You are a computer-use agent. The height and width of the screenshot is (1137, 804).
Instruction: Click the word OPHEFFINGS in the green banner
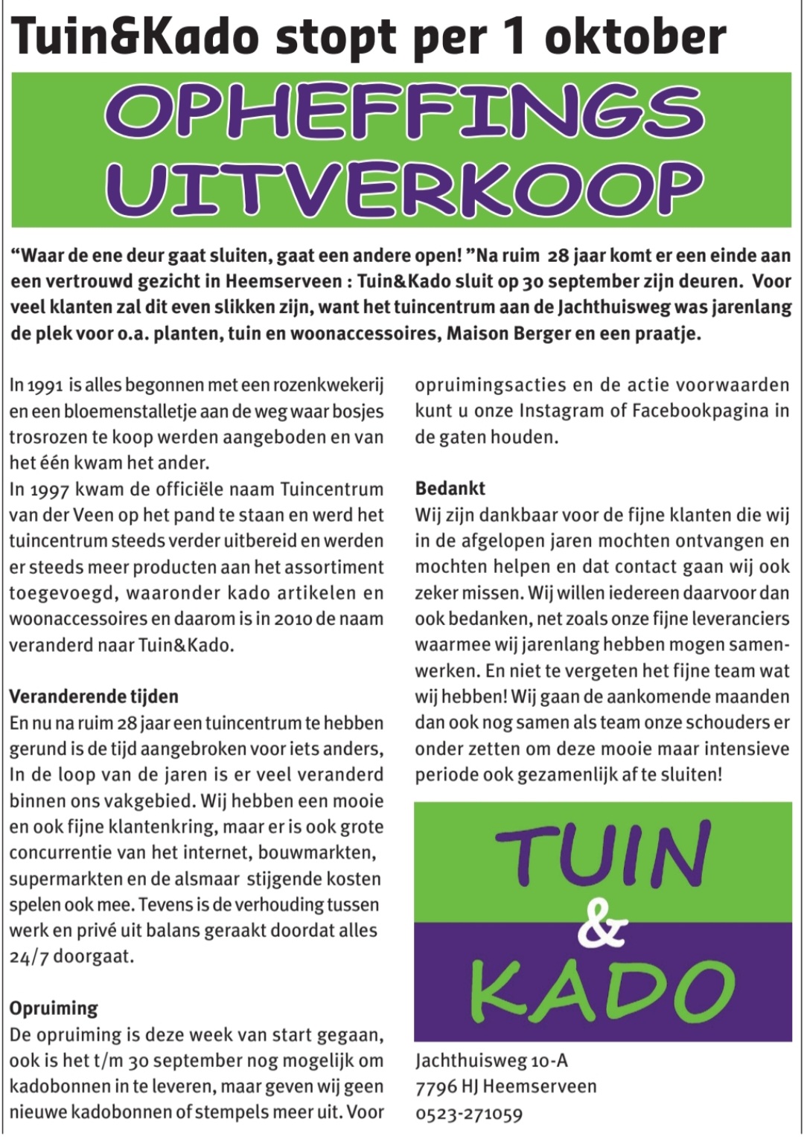click(404, 112)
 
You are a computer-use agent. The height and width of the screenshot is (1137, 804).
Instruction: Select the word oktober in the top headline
click(635, 36)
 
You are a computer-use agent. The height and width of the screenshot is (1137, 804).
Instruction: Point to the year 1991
click(45, 385)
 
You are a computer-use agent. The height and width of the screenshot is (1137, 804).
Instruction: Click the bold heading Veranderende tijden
click(94, 696)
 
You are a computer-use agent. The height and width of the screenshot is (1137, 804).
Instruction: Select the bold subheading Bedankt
click(450, 489)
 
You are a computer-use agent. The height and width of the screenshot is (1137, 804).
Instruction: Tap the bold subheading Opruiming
click(54, 1008)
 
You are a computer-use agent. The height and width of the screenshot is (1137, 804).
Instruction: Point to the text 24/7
click(28, 956)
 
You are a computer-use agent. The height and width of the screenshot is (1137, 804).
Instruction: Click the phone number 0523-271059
click(469, 1114)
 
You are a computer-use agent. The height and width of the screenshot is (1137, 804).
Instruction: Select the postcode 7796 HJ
click(446, 1087)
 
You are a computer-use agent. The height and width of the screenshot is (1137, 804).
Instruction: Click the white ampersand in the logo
click(602, 925)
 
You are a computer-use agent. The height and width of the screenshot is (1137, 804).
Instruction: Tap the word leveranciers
click(731, 620)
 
